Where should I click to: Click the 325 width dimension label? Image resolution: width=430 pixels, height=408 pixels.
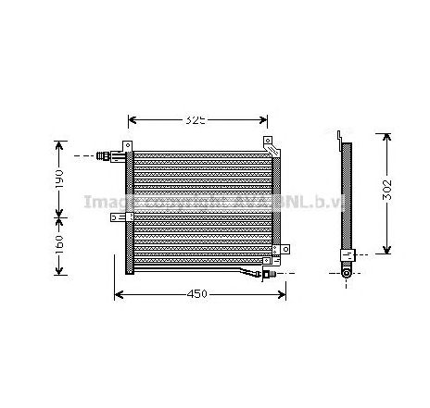[x=194, y=119]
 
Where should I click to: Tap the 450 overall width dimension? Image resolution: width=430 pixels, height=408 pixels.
[x=195, y=295]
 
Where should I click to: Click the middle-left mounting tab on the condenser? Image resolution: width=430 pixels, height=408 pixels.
[x=118, y=217]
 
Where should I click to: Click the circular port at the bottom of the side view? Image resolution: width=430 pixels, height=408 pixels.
[x=345, y=272]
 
